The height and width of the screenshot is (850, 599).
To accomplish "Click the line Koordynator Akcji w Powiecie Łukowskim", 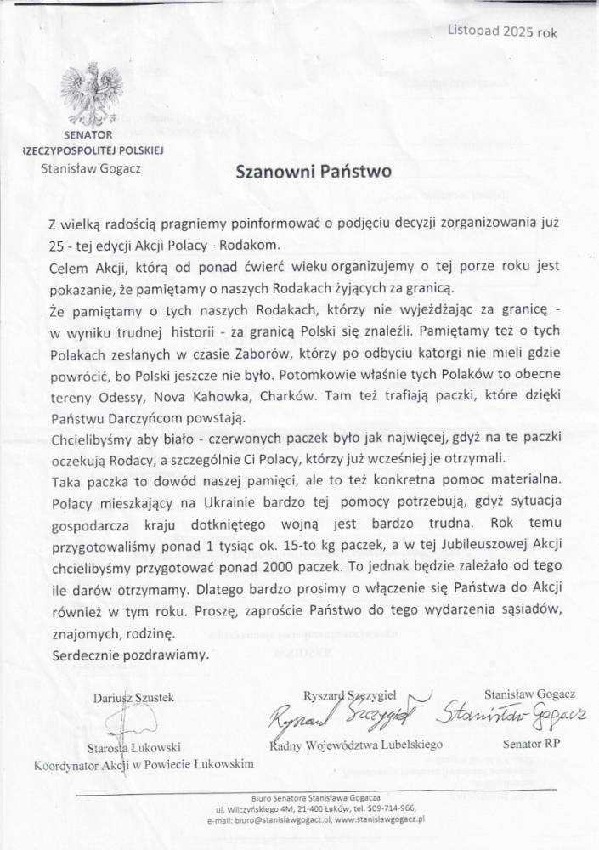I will point(144,765).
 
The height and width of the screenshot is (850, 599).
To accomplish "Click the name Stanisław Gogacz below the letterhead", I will point(91,167).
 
